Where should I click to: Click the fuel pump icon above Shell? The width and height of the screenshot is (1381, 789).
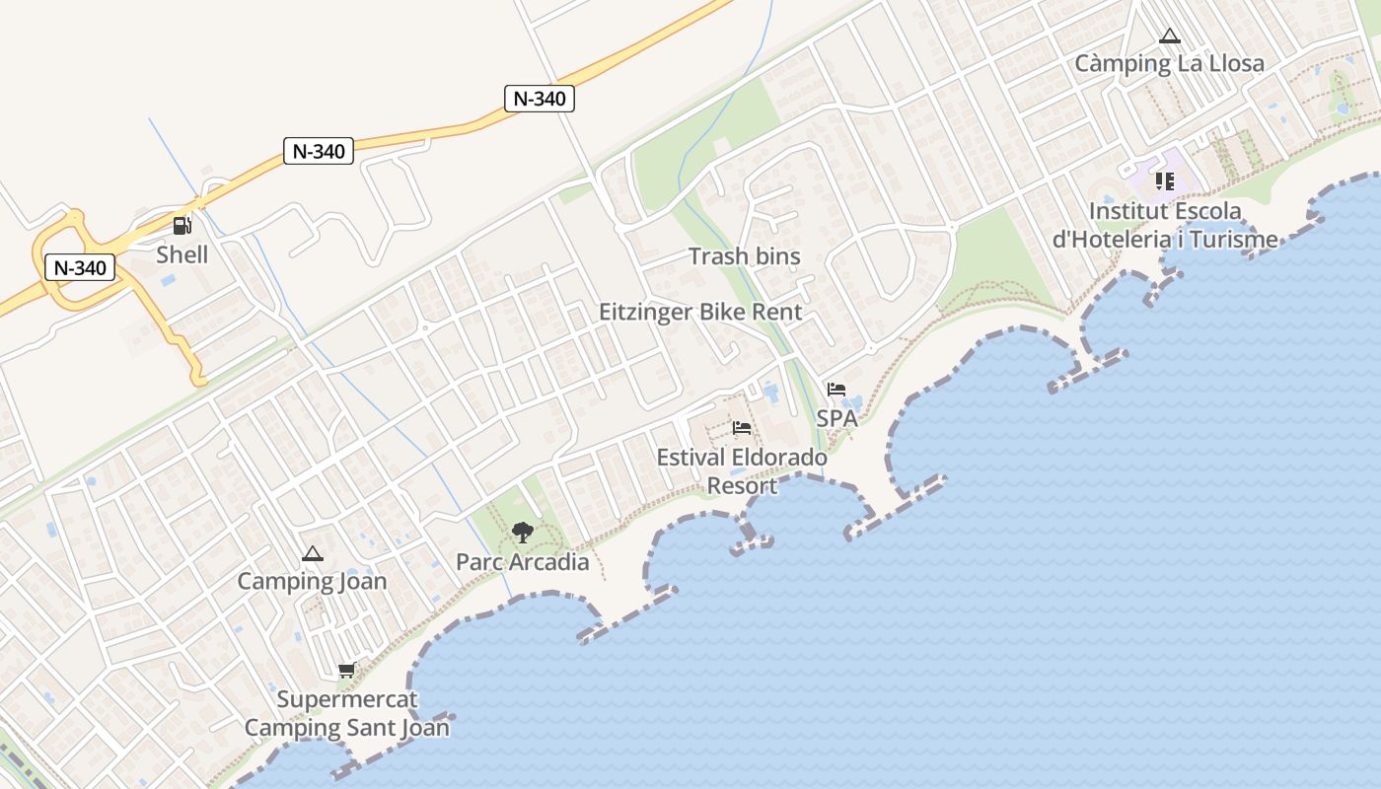(182, 226)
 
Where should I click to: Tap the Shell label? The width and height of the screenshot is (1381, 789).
(182, 254)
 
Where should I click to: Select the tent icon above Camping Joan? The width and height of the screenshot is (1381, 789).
(313, 554)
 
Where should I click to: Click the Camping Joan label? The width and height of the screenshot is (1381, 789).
(312, 581)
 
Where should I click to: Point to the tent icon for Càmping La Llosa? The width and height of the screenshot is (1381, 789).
(1170, 36)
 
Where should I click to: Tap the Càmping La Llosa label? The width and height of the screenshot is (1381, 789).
(1169, 64)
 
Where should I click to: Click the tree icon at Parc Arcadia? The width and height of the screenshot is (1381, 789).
(523, 534)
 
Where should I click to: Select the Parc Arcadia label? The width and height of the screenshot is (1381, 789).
(522, 562)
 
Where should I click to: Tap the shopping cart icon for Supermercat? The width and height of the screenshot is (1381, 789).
(346, 671)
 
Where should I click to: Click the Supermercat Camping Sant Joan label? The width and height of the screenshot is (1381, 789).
(346, 714)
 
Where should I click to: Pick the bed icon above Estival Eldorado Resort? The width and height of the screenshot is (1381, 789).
(742, 428)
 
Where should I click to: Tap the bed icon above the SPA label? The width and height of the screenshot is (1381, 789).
(836, 390)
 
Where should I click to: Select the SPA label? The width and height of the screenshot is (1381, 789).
(836, 418)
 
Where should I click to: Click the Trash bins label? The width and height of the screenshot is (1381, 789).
(744, 256)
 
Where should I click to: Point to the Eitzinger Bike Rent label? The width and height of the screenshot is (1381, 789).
(700, 312)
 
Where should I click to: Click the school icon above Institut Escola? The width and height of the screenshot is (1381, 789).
(1165, 181)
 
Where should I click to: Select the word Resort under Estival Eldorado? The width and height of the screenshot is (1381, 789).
(742, 485)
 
